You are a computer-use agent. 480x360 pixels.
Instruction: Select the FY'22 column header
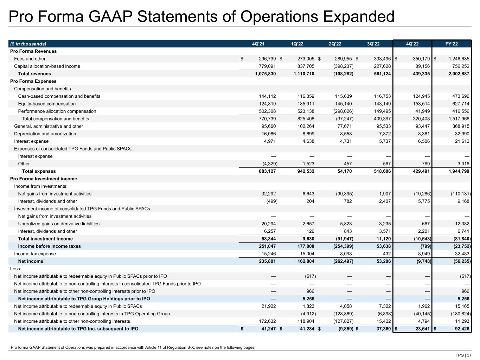click(x=452, y=44)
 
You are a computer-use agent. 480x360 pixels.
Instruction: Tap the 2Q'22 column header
click(x=335, y=44)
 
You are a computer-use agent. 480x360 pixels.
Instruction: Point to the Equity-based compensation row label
click(x=47, y=104)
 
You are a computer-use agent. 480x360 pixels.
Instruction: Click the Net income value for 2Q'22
click(x=341, y=261)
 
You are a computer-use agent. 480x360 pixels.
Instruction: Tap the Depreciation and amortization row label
click(x=45, y=134)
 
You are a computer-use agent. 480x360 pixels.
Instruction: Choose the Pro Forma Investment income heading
click(x=44, y=179)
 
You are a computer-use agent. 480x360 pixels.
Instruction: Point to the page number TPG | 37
click(x=463, y=355)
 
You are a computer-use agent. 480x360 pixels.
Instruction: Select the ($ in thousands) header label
click(x=28, y=44)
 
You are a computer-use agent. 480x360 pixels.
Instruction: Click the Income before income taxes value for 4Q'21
click(x=266, y=246)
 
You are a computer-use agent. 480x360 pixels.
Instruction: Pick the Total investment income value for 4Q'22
click(x=421, y=239)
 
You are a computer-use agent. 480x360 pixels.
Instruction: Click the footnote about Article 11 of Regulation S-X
click(x=133, y=347)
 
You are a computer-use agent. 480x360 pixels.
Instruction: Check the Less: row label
click(x=16, y=269)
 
